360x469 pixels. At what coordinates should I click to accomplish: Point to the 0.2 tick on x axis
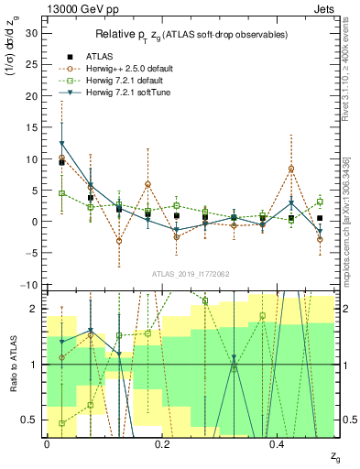pyautogui.click(x=162, y=443)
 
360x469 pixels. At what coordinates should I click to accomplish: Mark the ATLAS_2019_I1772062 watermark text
pyautogui.click(x=190, y=274)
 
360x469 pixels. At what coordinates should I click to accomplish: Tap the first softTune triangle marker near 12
pyautogui.click(x=61, y=144)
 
